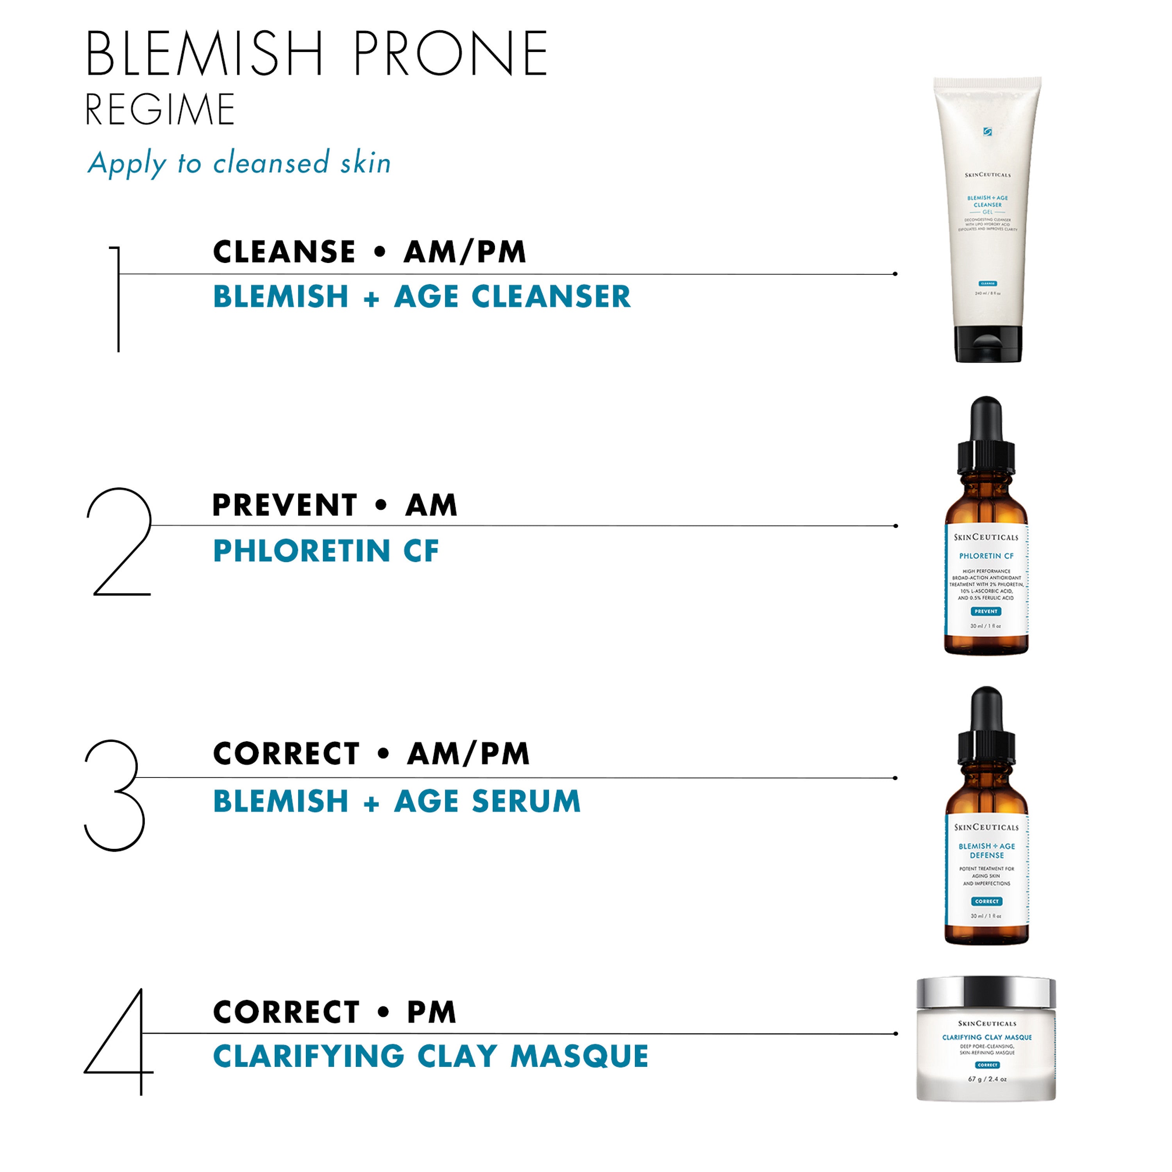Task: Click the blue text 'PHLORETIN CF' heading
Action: coord(326,551)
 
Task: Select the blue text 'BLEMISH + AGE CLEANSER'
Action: coord(422,297)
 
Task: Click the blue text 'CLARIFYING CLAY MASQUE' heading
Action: coord(431,1056)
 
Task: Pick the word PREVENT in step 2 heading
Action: coord(284,505)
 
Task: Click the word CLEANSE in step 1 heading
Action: coord(284,252)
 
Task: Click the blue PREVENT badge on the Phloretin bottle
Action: coord(986,611)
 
